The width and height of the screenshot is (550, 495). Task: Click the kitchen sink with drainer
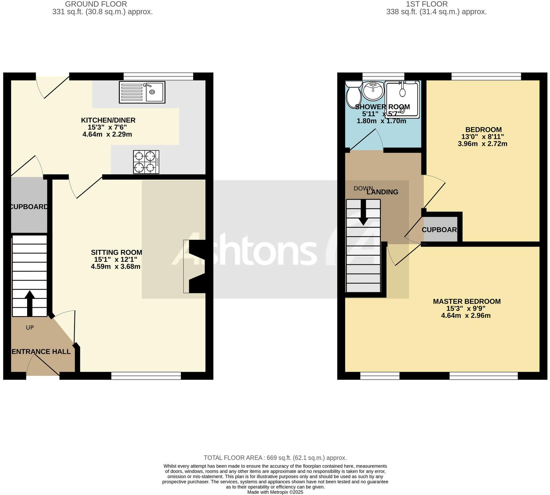coord(142,92)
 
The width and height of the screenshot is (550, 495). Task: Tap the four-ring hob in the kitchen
coord(146,162)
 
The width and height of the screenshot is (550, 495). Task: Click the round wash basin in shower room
coord(373,90)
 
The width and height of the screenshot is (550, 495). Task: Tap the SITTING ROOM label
coord(116,252)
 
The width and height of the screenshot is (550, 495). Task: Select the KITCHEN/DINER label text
coord(108,120)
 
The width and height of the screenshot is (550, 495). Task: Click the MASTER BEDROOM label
coord(466,301)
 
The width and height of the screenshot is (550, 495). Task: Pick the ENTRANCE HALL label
coord(41,351)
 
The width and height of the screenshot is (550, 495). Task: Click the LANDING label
coord(382,192)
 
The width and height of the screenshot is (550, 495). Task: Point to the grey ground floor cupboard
coord(29,206)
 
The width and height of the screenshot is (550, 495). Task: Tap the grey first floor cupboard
coord(440,229)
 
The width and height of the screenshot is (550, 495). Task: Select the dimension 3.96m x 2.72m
coord(482,144)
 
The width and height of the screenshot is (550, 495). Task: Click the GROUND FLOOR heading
coord(96,4)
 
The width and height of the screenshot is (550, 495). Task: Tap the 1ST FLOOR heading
coord(426,4)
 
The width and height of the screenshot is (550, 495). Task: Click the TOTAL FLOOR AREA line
coord(275,458)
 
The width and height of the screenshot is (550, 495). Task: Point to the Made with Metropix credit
coord(275,492)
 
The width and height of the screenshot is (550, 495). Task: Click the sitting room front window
coord(146,376)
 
